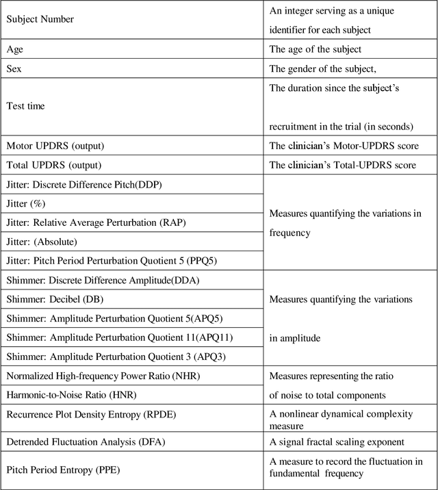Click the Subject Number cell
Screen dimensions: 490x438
point(40,19)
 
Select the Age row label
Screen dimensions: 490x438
point(16,49)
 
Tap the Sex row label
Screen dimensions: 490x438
point(15,68)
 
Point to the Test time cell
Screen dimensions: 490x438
point(27,106)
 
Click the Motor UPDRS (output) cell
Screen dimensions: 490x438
point(55,146)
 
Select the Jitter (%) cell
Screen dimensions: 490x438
point(26,204)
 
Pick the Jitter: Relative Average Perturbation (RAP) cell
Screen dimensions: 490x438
point(97,222)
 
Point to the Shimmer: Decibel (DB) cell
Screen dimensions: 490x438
point(56,300)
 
